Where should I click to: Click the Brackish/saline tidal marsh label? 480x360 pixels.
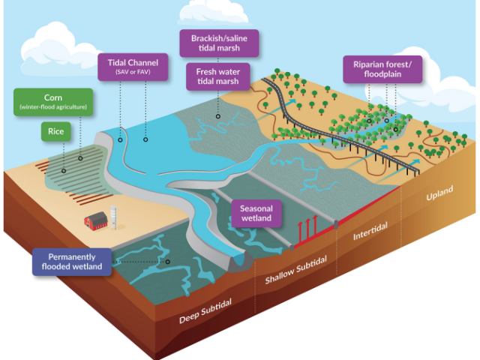(x=219, y=43)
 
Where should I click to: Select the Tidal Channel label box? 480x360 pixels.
(x=133, y=67)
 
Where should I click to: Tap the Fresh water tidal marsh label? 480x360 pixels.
(x=218, y=76)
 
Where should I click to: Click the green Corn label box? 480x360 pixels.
(x=53, y=102)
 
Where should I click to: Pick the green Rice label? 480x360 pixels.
(x=56, y=132)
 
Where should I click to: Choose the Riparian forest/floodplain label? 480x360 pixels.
(x=382, y=69)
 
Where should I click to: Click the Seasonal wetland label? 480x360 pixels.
(x=256, y=213)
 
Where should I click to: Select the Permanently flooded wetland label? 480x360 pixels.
(x=72, y=262)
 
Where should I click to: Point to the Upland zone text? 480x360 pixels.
(x=439, y=193)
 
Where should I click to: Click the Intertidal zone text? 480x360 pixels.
(x=370, y=231)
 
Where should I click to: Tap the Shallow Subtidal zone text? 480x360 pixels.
(x=296, y=270)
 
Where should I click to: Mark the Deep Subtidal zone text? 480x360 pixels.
(x=205, y=311)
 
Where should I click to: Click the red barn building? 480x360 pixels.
(x=96, y=220)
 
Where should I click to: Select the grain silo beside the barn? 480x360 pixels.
(x=113, y=217)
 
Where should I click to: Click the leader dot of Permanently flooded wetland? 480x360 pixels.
(x=168, y=262)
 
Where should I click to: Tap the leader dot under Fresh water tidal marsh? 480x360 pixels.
(x=218, y=116)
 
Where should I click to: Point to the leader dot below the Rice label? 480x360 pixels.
(x=64, y=171)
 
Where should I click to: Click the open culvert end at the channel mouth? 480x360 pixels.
(x=239, y=261)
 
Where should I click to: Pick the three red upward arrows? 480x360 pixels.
(x=307, y=228)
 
